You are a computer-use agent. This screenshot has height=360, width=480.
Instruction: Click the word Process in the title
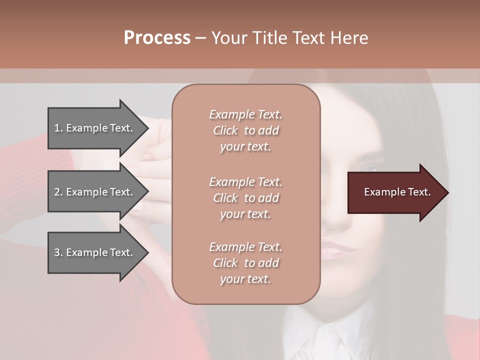[157, 38]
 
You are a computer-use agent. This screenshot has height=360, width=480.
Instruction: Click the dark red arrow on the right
[395, 192]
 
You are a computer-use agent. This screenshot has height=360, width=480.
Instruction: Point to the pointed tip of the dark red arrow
[447, 192]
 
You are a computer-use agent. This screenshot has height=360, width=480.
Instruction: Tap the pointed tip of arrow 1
[147, 128]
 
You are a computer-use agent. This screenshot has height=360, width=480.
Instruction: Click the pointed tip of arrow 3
[147, 252]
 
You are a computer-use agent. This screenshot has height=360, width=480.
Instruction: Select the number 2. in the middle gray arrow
[58, 192]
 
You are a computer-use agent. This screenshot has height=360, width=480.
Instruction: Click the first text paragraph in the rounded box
[245, 130]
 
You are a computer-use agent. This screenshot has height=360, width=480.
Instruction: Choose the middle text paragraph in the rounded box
[245, 198]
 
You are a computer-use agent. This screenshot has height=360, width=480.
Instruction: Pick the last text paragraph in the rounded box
[245, 263]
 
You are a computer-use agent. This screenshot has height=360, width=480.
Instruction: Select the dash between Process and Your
[201, 38]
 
